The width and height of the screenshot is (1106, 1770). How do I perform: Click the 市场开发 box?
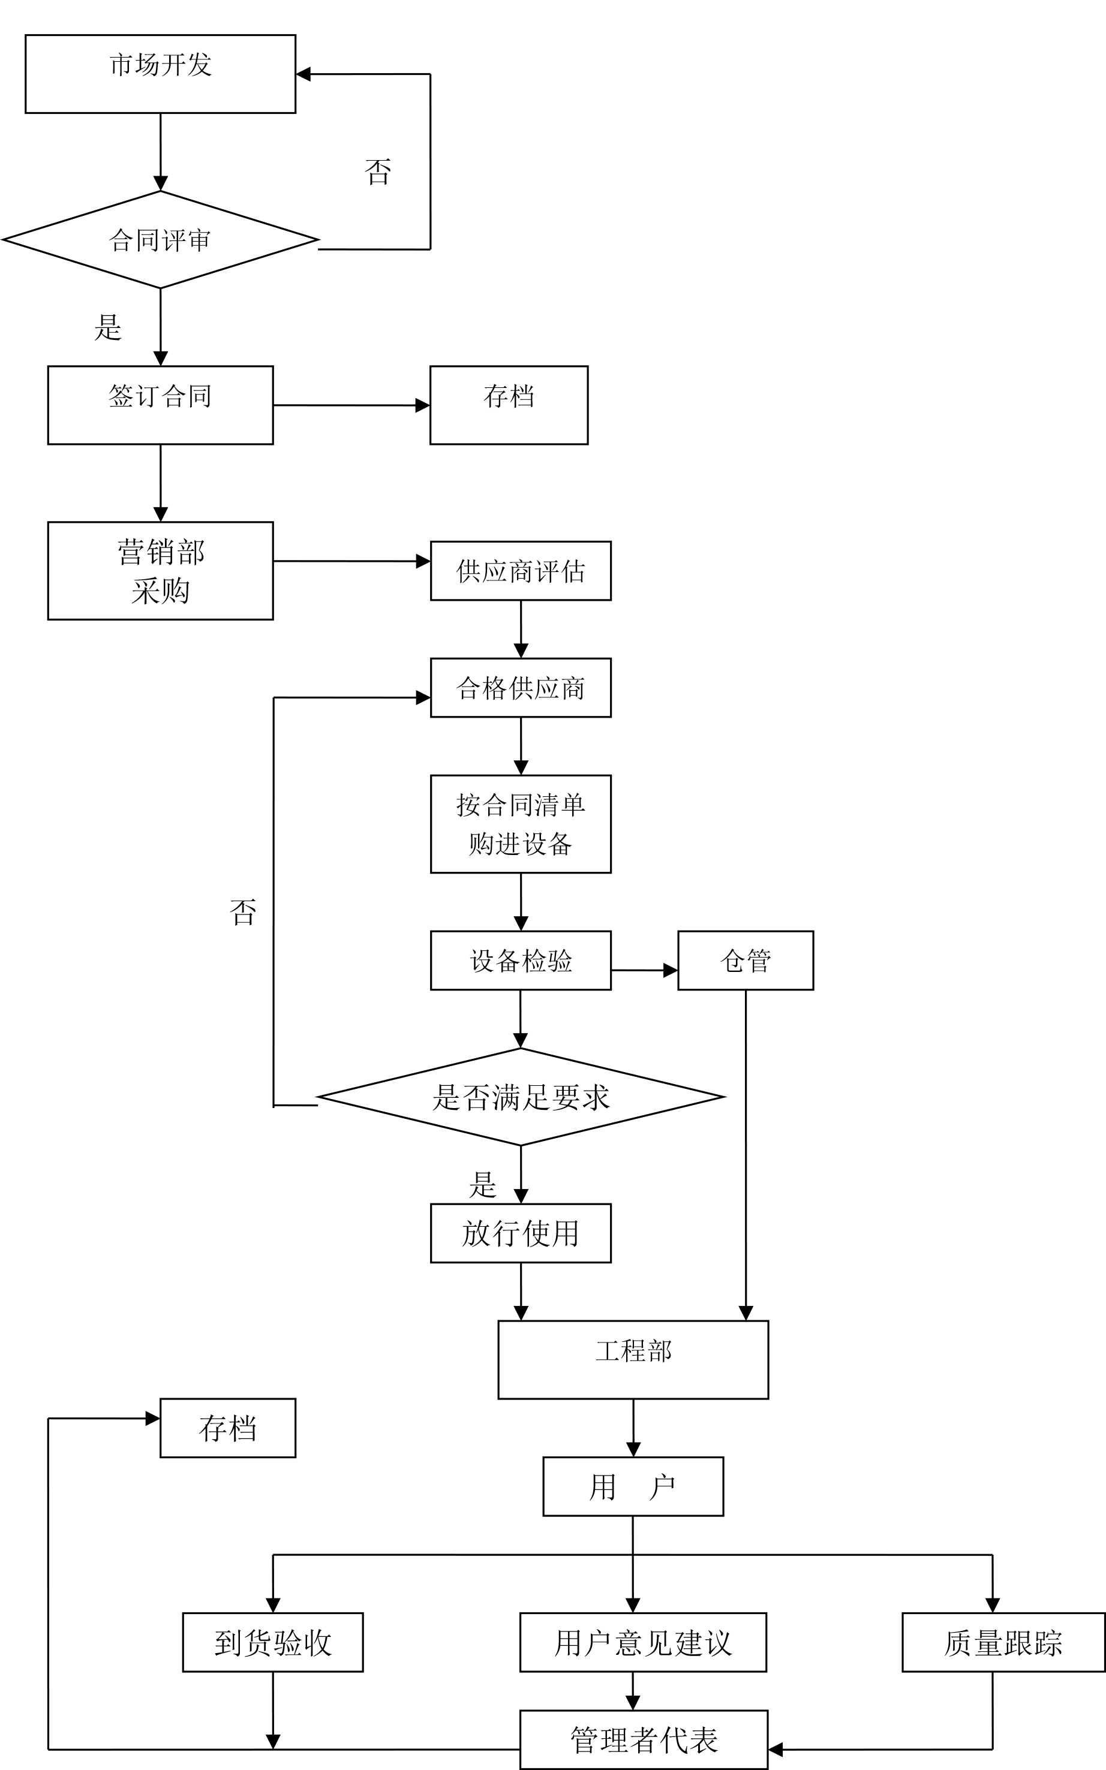(160, 74)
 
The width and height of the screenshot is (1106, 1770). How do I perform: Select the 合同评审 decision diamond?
(160, 240)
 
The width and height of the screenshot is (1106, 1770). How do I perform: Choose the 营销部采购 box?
(160, 570)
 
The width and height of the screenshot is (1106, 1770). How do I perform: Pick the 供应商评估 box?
(520, 570)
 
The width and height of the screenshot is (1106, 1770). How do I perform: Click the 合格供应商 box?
(520, 687)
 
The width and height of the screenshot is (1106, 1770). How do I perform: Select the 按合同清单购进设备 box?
(520, 823)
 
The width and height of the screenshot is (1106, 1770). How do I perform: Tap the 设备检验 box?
(520, 960)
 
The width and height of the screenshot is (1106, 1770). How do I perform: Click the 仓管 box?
(746, 960)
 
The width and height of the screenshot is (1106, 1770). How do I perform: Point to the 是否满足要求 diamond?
(520, 1097)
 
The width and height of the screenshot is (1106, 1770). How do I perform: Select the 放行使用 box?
(520, 1233)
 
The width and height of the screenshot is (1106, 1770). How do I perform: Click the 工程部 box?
(633, 1359)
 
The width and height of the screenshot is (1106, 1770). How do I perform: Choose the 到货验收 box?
(273, 1642)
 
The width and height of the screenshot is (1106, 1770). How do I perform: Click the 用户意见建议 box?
(643, 1642)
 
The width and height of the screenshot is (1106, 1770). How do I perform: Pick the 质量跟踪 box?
(1003, 1642)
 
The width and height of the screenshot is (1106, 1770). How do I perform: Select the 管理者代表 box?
(644, 1739)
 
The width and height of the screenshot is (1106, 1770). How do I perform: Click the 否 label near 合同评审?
(377, 173)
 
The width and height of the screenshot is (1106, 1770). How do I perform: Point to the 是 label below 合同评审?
(107, 327)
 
